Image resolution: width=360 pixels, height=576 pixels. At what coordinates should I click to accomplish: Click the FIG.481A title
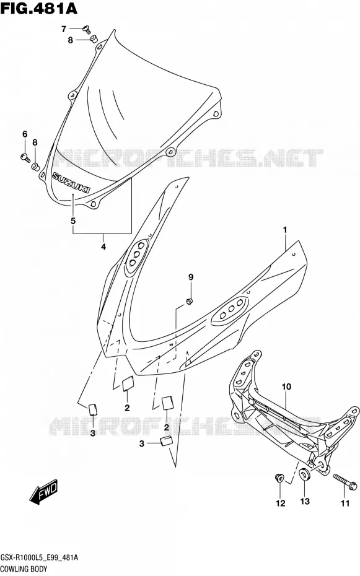click(x=39, y=9)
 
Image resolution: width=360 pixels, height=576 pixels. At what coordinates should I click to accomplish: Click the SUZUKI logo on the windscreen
click(x=71, y=182)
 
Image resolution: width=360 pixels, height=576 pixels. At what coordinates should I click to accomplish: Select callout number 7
click(x=64, y=28)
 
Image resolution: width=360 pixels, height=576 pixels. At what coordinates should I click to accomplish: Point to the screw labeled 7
click(x=87, y=29)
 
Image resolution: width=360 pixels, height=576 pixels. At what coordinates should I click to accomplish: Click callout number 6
click(x=25, y=134)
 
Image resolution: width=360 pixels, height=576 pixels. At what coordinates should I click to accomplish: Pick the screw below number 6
click(x=25, y=157)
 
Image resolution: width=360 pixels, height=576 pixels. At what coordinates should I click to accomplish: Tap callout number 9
click(x=191, y=277)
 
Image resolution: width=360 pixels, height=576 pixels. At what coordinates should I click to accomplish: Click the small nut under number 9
click(x=190, y=301)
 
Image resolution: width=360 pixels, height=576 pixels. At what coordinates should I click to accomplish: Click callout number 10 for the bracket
click(x=286, y=386)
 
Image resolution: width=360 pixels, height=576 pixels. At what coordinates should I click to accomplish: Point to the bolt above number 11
click(x=345, y=482)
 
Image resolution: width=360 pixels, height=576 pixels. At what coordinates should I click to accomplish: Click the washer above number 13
click(x=305, y=474)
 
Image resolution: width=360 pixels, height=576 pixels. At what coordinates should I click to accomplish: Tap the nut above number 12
click(x=279, y=478)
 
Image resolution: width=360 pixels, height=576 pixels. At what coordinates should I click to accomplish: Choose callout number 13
click(x=305, y=501)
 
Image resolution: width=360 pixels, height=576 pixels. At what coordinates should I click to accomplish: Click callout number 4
click(x=103, y=247)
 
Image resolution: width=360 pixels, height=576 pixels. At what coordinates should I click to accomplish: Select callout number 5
click(x=73, y=220)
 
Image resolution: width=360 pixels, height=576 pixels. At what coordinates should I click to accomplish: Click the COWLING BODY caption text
click(x=24, y=569)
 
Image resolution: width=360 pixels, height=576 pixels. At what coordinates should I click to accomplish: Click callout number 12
click(x=280, y=504)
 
